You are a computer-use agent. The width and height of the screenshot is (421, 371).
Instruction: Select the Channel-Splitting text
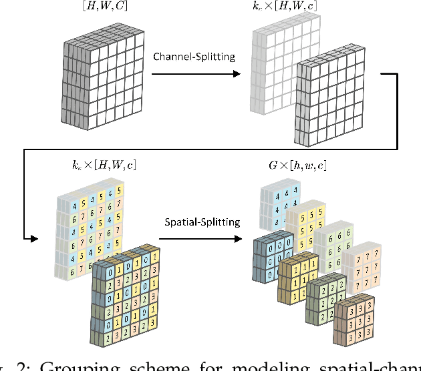(194, 56)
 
